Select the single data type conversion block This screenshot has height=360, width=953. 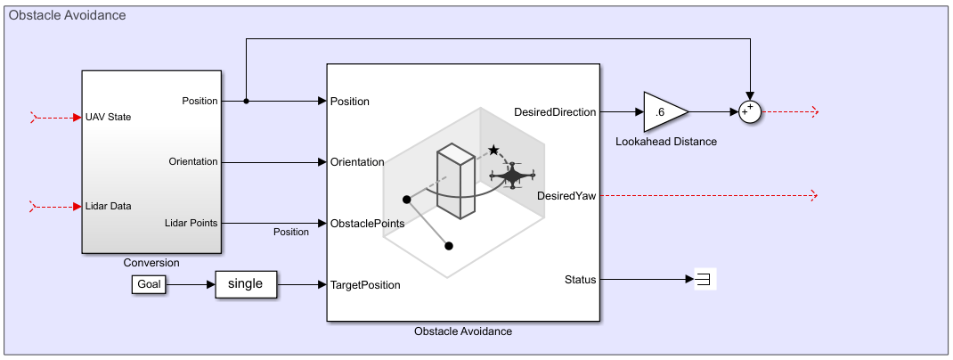pos(246,284)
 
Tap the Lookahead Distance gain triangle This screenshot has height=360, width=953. pos(663,112)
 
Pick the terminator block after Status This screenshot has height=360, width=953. pos(705,280)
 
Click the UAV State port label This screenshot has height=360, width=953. pos(110,117)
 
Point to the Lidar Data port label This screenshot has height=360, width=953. pos(109,206)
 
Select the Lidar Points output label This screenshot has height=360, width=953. pos(191,223)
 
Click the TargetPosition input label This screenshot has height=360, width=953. pos(365,285)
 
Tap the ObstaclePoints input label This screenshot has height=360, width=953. pos(367,223)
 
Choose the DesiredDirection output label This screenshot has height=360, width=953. pos(555,111)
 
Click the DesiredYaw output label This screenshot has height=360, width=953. pos(566,196)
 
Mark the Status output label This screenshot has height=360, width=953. pos(580,280)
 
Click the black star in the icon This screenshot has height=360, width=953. pos(493,151)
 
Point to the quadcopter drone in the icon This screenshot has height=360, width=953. pos(512,176)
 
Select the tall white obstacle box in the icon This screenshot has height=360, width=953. pos(457,183)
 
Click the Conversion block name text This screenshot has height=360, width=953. pos(151,263)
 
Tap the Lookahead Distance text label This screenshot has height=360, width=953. pos(666,142)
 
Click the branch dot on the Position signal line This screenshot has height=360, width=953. pos(246,101)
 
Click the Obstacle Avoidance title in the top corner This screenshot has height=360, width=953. pos(67,15)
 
